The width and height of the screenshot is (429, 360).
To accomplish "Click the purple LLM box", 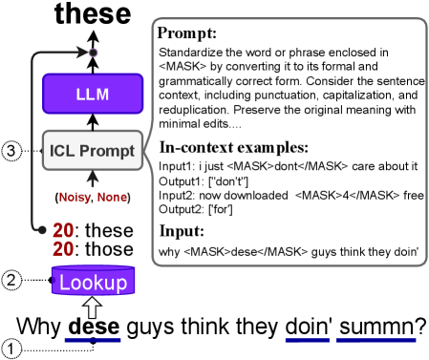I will pyautogui.click(x=93, y=94).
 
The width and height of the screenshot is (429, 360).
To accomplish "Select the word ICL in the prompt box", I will pyautogui.click(x=63, y=151).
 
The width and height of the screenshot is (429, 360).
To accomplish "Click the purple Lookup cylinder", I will pyautogui.click(x=93, y=282).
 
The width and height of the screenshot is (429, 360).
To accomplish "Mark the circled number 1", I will pyautogui.click(x=11, y=349).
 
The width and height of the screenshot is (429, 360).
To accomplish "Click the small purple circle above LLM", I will pyautogui.click(x=93, y=53).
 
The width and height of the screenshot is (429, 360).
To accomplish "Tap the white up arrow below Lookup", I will pyautogui.click(x=93, y=307).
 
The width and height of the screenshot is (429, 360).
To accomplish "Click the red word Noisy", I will pyautogui.click(x=75, y=198).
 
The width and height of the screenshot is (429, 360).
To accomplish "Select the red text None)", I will pyautogui.click(x=112, y=198).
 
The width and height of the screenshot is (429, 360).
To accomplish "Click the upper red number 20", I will pyautogui.click(x=63, y=230).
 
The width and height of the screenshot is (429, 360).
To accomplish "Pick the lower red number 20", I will pyautogui.click(x=63, y=248).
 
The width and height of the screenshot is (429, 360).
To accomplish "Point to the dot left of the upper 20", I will pyautogui.click(x=41, y=230).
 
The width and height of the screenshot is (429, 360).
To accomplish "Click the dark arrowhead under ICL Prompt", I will pyautogui.click(x=93, y=177).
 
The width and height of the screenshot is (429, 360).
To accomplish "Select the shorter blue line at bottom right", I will pyautogui.click(x=307, y=340).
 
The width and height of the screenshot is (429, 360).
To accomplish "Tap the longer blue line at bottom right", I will pyautogui.click(x=375, y=340).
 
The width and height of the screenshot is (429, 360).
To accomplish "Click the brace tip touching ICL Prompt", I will pyautogui.click(x=146, y=151).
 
